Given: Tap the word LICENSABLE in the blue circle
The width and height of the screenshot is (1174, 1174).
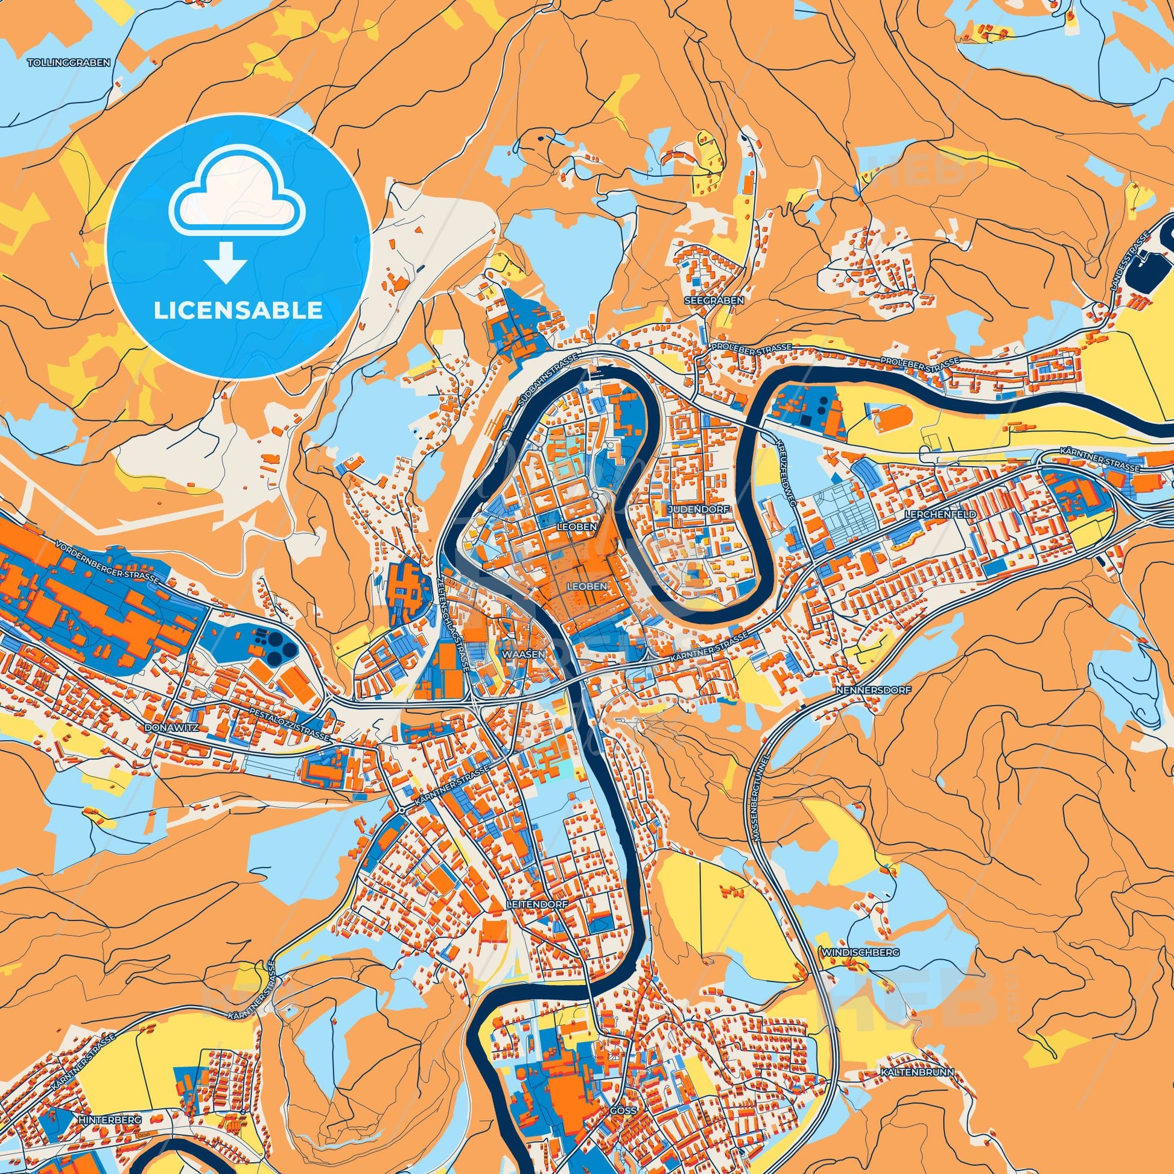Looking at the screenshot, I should pos(238,311).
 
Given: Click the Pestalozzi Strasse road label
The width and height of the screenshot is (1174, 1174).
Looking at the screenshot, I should pos(290,725).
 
